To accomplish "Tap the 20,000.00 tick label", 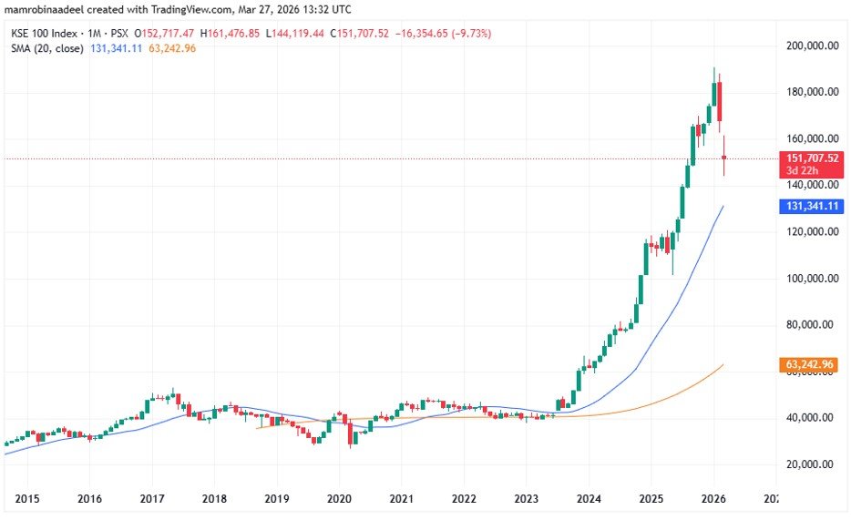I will click(814, 464).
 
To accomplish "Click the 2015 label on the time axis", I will click(26, 500).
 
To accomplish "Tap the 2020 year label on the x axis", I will click(339, 500).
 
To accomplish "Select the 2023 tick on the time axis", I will click(526, 500).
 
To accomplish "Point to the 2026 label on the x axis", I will click(713, 500).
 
